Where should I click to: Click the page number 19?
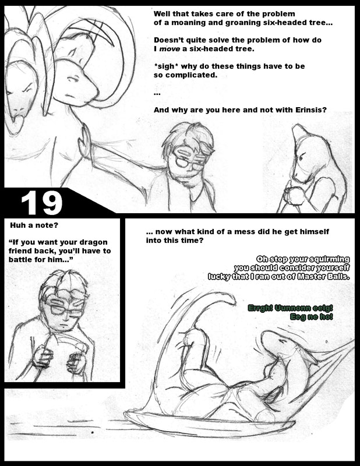coord(41,202)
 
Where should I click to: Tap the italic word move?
coord(170,49)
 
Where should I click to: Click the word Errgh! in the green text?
coord(260,308)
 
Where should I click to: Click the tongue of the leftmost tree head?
coord(17,121)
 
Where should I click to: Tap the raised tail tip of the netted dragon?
coord(230,299)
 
